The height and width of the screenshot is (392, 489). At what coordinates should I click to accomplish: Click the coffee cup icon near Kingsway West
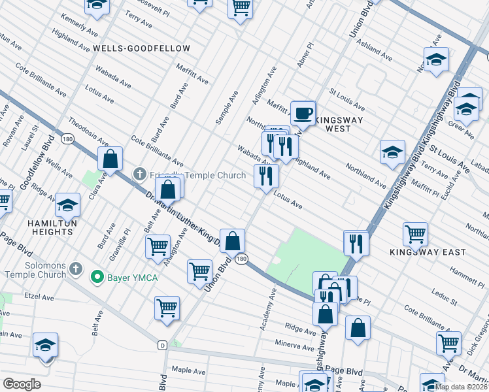tap(303, 113)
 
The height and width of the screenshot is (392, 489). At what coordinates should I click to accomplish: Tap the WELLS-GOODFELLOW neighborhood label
tap(141, 49)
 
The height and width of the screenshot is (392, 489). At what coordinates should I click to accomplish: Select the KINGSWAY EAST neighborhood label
tap(437, 252)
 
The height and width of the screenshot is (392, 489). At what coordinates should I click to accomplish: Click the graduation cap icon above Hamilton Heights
tap(67, 206)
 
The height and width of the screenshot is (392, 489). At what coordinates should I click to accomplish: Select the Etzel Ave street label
tap(39, 297)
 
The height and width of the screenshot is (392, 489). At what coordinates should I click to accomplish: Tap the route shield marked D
tap(162, 345)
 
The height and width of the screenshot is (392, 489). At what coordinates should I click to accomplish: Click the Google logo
tap(22, 384)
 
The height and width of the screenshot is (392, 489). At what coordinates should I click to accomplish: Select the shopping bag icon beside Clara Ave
tap(110, 159)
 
